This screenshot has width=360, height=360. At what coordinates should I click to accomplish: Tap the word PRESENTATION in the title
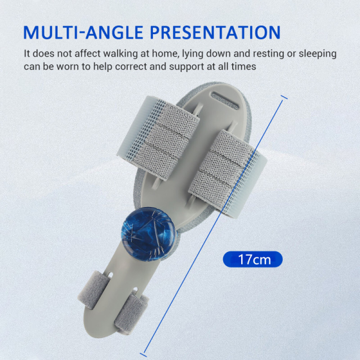(215, 32)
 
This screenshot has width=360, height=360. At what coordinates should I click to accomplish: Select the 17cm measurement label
(253, 259)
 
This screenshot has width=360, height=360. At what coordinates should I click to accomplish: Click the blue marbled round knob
(148, 234)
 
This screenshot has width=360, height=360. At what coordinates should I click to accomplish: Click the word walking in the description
(115, 54)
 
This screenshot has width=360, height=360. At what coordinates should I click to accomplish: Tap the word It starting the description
(27, 54)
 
